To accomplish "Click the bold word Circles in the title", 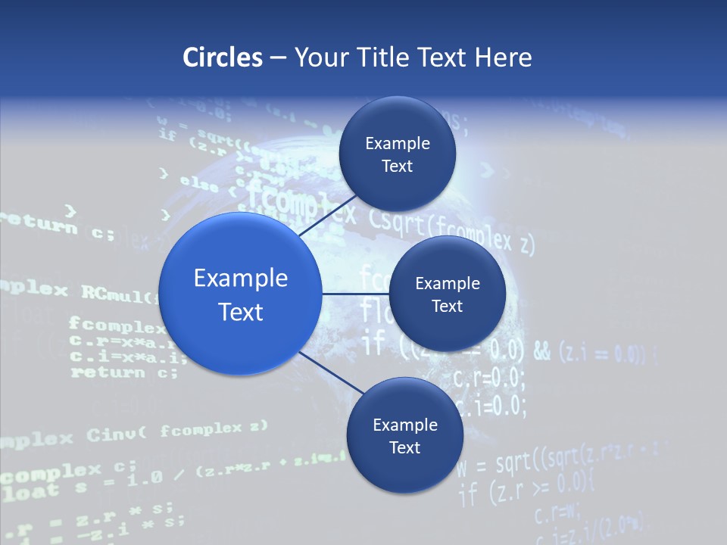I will pyautogui.click(x=223, y=58).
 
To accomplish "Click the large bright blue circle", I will pyautogui.click(x=241, y=294).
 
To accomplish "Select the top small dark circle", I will pyautogui.click(x=397, y=154).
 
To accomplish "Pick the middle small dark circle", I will pyautogui.click(x=447, y=294).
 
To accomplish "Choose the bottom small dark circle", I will pyautogui.click(x=404, y=435).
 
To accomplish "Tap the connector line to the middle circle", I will pyautogui.click(x=355, y=294).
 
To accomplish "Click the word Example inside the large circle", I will pyautogui.click(x=241, y=278).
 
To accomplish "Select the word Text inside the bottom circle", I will pyautogui.click(x=404, y=447).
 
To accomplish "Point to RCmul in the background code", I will pyautogui.click(x=116, y=293).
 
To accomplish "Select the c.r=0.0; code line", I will pyautogui.click(x=488, y=377).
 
